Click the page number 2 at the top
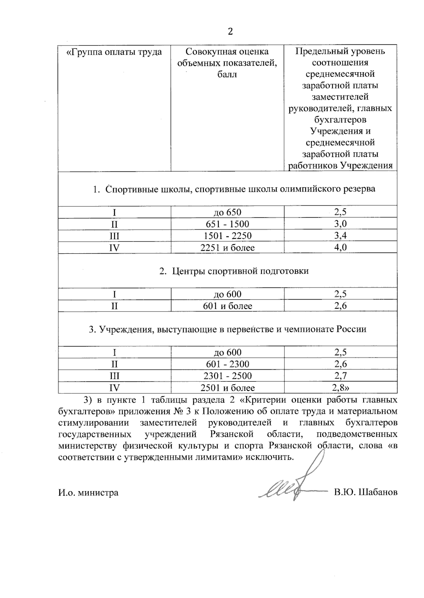pos(230,31)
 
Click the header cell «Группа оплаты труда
pos(114,52)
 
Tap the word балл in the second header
pos(227,74)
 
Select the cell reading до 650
pos(227,212)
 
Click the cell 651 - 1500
pos(227,224)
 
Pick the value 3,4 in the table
pos(340,236)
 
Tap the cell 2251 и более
pos(227,247)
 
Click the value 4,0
pos(340,247)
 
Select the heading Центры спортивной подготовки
pos(240,271)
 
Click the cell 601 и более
pos(227,306)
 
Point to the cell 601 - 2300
pos(227,364)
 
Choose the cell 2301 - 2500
pos(227,375)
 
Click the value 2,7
pos(340,375)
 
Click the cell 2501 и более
pos(227,387)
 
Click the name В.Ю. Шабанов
pos(366,492)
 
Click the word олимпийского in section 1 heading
pos(311,189)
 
